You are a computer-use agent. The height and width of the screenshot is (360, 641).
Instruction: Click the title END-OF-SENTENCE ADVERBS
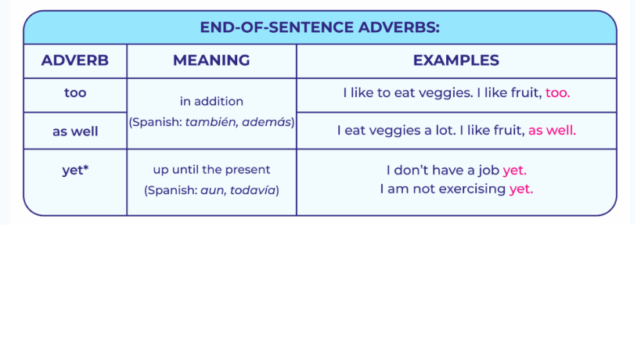(x=319, y=27)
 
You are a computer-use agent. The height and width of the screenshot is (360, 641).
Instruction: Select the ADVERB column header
(x=75, y=60)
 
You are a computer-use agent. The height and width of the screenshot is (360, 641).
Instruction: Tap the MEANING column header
(x=211, y=60)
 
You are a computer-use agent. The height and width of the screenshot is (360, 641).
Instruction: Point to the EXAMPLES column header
(x=456, y=60)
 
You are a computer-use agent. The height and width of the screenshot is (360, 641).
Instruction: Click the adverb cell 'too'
(x=75, y=93)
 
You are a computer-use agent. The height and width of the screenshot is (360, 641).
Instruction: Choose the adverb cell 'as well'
(x=75, y=131)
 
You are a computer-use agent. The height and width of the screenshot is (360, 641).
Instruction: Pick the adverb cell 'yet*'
(x=75, y=170)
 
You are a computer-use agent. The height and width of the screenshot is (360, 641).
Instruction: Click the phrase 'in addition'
(x=211, y=101)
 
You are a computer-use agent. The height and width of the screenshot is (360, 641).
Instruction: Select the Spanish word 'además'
(x=267, y=122)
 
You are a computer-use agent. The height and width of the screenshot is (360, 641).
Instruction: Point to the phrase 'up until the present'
(x=211, y=170)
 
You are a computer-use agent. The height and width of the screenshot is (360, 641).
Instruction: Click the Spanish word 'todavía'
(x=253, y=190)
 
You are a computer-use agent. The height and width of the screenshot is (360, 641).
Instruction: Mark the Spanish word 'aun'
(x=213, y=191)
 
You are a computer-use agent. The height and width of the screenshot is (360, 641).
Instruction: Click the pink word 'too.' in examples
(x=557, y=93)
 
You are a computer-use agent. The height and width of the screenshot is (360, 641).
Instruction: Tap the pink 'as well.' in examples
(x=552, y=131)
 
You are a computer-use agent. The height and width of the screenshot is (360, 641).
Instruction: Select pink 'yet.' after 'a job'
(x=515, y=171)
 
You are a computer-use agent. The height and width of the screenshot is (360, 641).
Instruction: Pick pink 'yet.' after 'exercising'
(x=521, y=189)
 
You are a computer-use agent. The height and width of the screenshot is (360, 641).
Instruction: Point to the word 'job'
(x=489, y=171)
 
